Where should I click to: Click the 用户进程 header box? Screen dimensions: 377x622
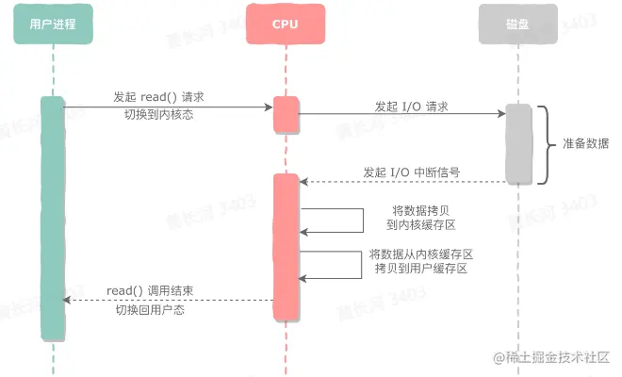coord(54,25)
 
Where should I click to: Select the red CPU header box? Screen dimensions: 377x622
coord(286,25)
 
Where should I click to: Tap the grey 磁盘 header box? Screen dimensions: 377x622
coord(518,25)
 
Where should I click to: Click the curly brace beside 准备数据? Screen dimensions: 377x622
coord(546,144)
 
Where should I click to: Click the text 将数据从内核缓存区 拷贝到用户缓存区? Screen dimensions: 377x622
coord(419,261)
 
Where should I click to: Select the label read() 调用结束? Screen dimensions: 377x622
coord(150,290)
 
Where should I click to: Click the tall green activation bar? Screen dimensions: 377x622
coord(54,217)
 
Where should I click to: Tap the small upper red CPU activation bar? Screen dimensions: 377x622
coord(286,114)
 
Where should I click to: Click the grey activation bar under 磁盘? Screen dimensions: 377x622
coord(518,144)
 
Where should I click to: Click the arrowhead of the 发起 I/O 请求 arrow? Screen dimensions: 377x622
coord(502,114)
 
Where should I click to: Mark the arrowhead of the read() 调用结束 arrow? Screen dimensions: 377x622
coord(66,300)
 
